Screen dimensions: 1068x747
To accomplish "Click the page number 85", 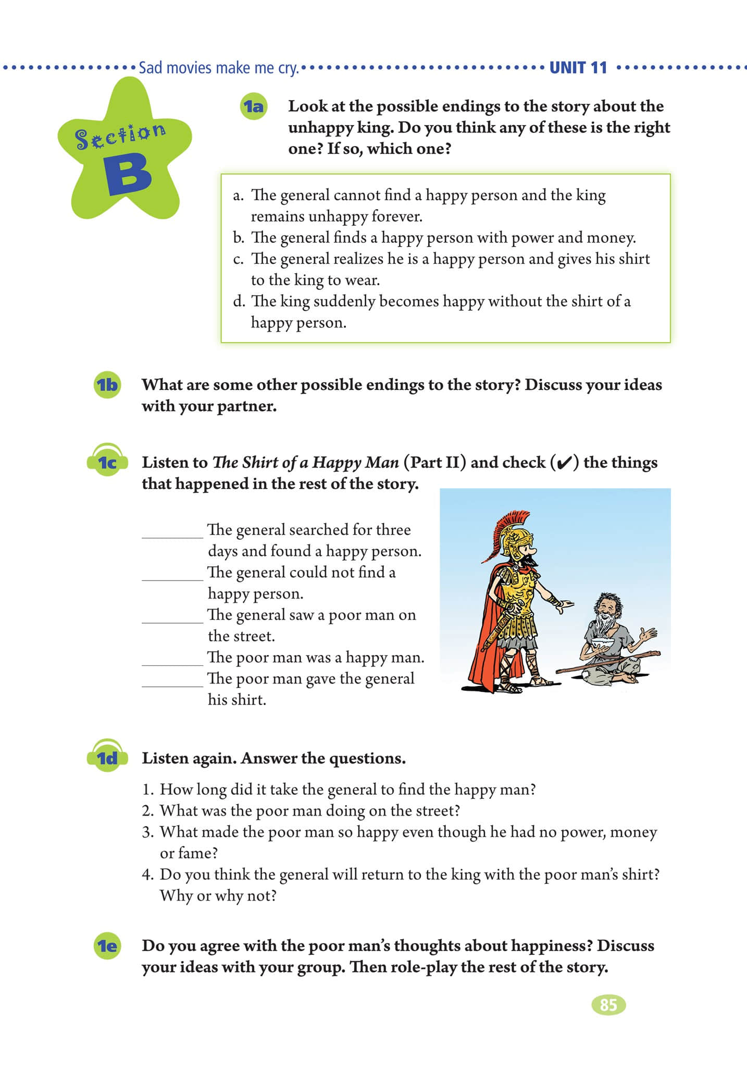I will click(608, 1004).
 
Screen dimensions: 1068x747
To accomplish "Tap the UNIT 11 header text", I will click(578, 68).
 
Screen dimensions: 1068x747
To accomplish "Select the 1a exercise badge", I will click(253, 107).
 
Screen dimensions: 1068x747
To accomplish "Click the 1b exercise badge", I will click(107, 385).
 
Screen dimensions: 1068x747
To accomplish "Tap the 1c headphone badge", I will click(107, 462).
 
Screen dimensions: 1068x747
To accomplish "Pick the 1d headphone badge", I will click(107, 758).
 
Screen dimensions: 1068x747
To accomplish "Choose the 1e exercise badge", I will click(107, 945).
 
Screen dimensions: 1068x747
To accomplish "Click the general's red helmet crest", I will click(513, 527).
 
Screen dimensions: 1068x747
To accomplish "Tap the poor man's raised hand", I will click(648, 634).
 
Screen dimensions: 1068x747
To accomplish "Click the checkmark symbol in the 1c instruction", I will click(565, 463).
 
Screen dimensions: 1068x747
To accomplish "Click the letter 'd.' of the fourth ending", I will click(239, 302).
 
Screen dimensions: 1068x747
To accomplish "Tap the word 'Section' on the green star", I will click(120, 136).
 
